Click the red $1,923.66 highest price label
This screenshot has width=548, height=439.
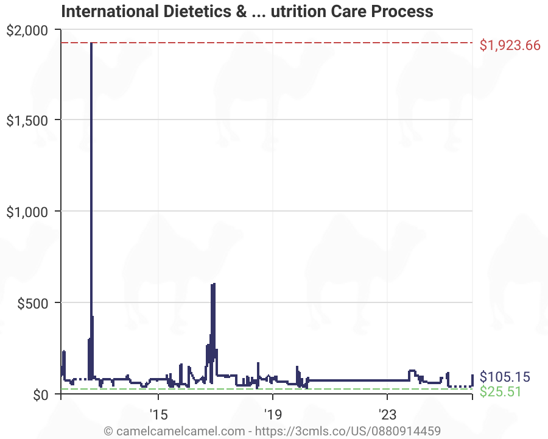tap(510, 45)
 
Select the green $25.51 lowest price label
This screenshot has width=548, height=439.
tap(501, 391)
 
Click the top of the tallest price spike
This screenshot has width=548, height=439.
tap(91, 43)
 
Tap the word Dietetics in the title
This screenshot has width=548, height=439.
tap(194, 11)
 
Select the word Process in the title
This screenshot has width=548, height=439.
tap(406, 11)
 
